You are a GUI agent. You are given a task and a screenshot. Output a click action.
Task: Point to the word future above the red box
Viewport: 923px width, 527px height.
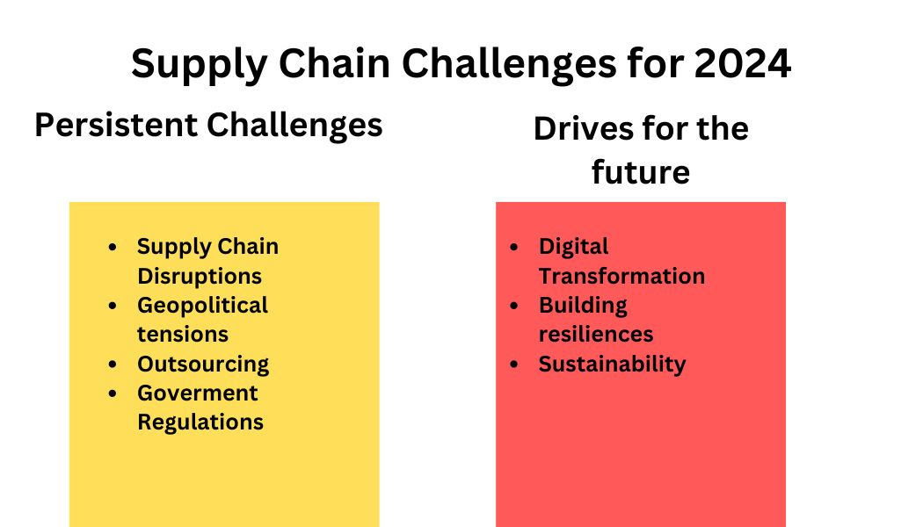tap(640, 172)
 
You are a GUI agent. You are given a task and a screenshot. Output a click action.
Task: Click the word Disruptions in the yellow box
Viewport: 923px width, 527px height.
tap(200, 276)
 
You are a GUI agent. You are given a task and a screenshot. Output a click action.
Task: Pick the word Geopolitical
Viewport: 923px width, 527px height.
tap(202, 305)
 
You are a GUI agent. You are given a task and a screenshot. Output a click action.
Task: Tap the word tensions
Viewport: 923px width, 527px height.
tap(183, 334)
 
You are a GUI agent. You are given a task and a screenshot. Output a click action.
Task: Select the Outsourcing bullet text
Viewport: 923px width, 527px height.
tap(203, 364)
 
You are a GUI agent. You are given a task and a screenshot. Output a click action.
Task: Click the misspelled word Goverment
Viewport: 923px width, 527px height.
tap(198, 393)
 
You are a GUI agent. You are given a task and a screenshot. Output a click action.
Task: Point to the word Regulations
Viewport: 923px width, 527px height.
tap(200, 422)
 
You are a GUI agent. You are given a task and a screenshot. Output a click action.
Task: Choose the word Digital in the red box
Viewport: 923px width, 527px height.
tap(574, 247)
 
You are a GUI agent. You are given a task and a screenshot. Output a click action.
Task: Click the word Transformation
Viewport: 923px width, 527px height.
tap(621, 276)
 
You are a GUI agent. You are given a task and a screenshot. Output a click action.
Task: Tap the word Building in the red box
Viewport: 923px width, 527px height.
tap(583, 305)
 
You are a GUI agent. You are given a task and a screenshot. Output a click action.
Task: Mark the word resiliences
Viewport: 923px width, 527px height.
tap(596, 334)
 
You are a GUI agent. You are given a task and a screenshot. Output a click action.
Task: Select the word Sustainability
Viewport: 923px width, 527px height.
tap(612, 364)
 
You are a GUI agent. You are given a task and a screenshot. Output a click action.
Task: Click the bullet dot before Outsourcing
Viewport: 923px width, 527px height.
tap(113, 365)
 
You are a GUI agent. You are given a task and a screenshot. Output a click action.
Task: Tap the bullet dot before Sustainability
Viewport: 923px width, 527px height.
tap(514, 365)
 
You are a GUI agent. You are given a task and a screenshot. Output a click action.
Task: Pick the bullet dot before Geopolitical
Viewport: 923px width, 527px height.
tap(113, 306)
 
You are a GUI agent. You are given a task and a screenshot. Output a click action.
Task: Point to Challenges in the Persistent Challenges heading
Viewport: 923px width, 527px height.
tap(294, 125)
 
